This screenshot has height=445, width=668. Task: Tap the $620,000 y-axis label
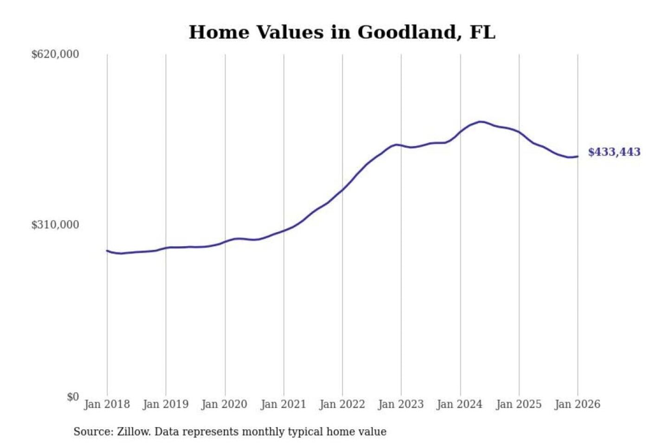pyautogui.click(x=55, y=54)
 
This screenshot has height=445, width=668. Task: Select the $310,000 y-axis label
pyautogui.click(x=55, y=225)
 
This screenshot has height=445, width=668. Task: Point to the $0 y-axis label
pyautogui.click(x=73, y=397)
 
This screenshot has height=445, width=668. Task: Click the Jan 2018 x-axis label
pyautogui.click(x=107, y=404)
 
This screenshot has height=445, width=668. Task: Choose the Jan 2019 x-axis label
pyautogui.click(x=166, y=404)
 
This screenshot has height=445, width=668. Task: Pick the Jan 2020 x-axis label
pyautogui.click(x=224, y=404)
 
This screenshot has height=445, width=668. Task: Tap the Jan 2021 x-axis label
pyautogui.click(x=283, y=404)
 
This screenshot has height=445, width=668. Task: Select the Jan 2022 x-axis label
pyautogui.click(x=342, y=404)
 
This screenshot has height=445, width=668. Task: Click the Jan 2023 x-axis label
pyautogui.click(x=401, y=404)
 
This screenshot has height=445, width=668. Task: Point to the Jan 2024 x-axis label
pyautogui.click(x=460, y=404)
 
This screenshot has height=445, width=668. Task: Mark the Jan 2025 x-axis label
pyautogui.click(x=519, y=404)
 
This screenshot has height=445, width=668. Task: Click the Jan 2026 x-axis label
pyautogui.click(x=578, y=404)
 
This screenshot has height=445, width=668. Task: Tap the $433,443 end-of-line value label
pyautogui.click(x=614, y=152)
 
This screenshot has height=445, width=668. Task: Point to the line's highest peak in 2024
pyautogui.click(x=481, y=122)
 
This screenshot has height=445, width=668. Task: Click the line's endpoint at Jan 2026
pyautogui.click(x=578, y=157)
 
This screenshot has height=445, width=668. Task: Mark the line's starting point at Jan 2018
pyautogui.click(x=107, y=251)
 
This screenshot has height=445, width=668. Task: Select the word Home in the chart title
pyautogui.click(x=219, y=32)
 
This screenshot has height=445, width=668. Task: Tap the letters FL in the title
pyautogui.click(x=482, y=32)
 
